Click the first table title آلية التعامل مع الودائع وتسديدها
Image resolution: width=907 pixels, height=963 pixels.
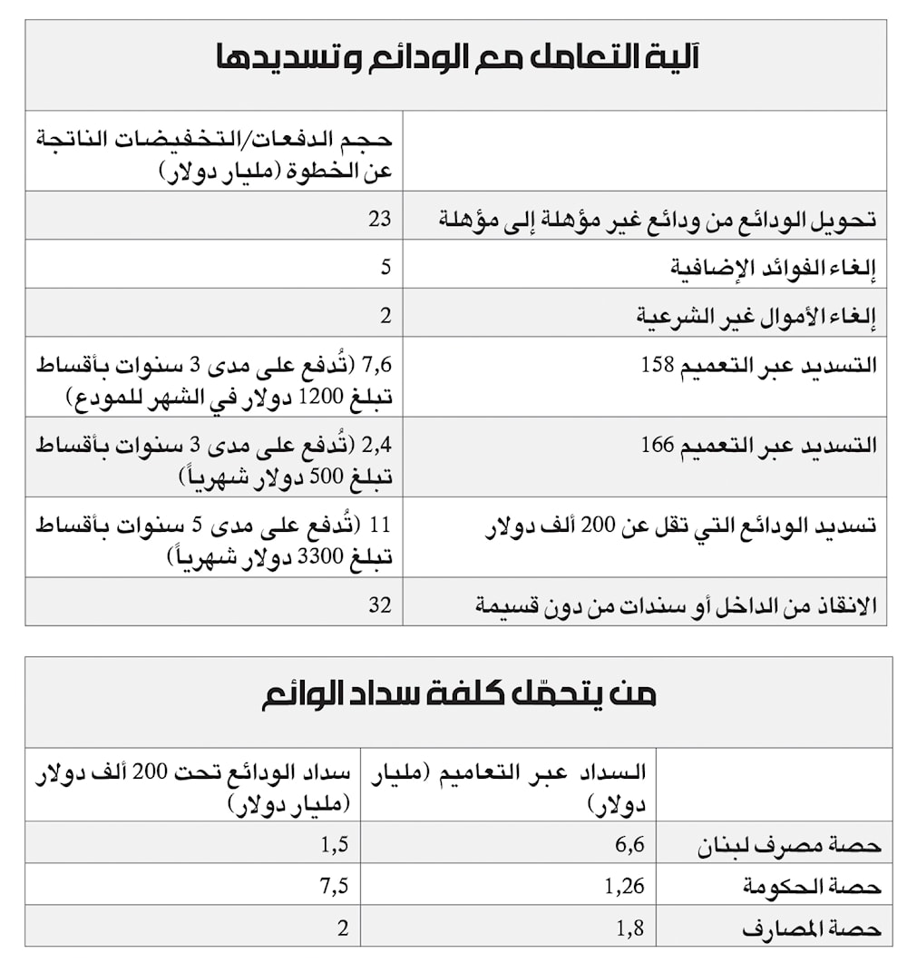[456, 59]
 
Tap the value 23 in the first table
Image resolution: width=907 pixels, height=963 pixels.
[379, 218]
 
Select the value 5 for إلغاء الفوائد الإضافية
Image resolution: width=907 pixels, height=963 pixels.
[385, 267]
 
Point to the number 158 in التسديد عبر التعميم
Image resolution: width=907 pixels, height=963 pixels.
[658, 366]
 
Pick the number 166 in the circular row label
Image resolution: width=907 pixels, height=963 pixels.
[658, 446]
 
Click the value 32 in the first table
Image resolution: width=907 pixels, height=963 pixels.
[379, 604]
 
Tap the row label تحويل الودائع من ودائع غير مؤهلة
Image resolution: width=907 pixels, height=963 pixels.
[657, 219]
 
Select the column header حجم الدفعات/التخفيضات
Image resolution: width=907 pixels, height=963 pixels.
[214, 154]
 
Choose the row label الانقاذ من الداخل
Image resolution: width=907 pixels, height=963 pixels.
[676, 605]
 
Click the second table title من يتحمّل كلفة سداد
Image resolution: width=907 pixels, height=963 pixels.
[458, 694]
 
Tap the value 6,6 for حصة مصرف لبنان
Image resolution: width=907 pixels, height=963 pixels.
[629, 845]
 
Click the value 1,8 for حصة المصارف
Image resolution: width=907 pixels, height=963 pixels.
[629, 929]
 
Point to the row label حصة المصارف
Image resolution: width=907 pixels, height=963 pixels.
[811, 929]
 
